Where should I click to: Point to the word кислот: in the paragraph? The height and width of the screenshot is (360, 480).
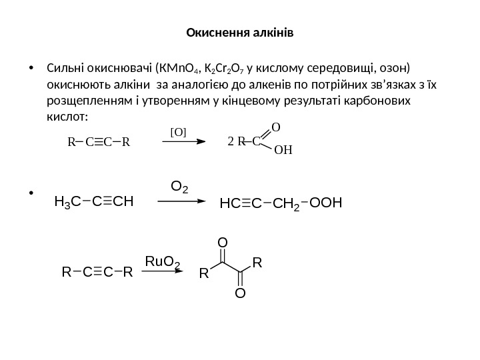67,116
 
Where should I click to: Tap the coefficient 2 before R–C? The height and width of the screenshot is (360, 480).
231,141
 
